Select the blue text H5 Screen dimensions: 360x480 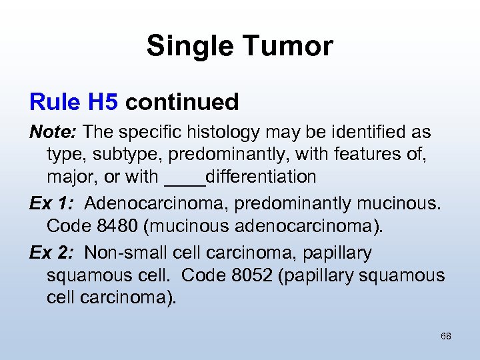coord(103,102)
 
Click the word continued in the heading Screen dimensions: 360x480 coord(182,102)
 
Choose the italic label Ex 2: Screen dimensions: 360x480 coord(53,253)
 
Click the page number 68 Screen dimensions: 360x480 coord(446,336)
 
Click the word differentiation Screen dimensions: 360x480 coord(261,177)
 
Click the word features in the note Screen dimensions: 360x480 coord(370,155)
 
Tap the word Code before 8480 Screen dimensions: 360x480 coord(70,225)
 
